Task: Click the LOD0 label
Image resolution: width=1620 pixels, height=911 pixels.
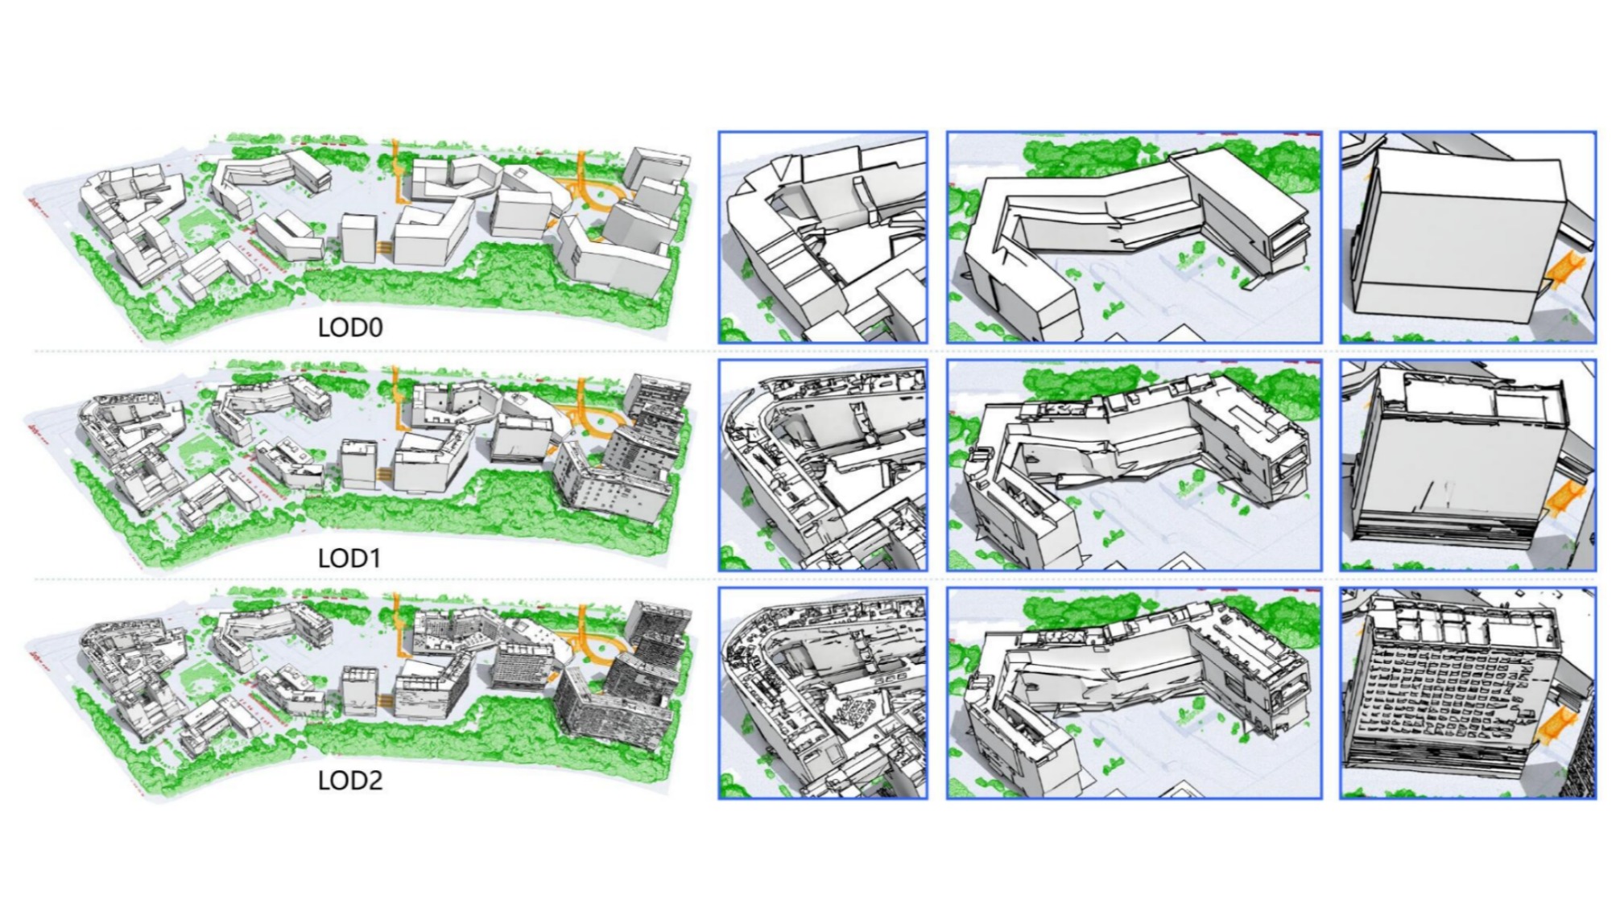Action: [350, 328]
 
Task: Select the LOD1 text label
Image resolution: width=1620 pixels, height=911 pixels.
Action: [349, 558]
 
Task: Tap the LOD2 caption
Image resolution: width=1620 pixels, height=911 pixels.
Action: [350, 780]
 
